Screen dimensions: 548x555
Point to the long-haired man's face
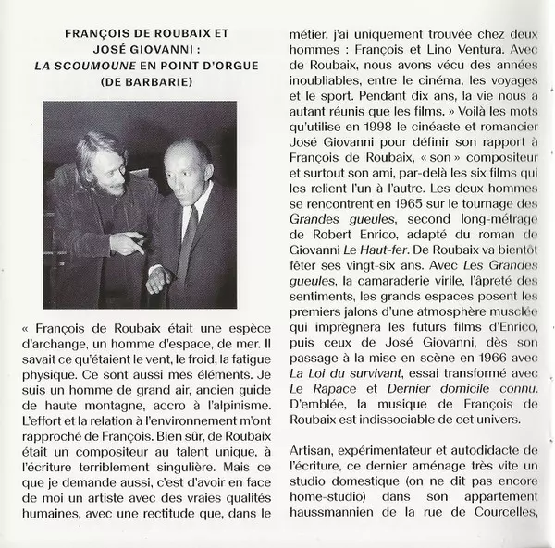coord(100,167)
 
